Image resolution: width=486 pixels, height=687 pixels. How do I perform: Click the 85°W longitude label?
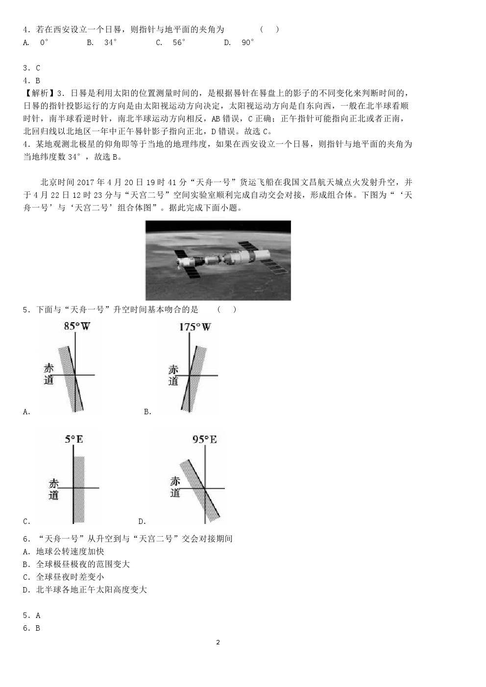[x=77, y=326]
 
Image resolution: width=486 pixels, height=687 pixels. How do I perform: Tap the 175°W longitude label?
[x=194, y=327]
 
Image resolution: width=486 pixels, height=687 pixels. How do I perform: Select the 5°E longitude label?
[x=74, y=439]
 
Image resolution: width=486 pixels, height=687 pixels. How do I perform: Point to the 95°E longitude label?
[x=204, y=439]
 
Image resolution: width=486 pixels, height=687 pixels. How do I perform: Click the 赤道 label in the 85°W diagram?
[x=49, y=374]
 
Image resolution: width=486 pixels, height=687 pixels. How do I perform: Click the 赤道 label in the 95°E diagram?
[x=175, y=487]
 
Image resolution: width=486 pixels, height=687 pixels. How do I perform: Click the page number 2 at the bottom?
[x=218, y=642]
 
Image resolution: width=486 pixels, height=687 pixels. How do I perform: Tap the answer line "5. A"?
[x=32, y=616]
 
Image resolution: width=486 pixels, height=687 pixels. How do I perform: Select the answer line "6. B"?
[x=32, y=628]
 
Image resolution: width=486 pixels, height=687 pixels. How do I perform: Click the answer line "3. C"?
[x=32, y=68]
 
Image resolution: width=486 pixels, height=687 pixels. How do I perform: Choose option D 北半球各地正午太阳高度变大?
[x=85, y=590]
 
